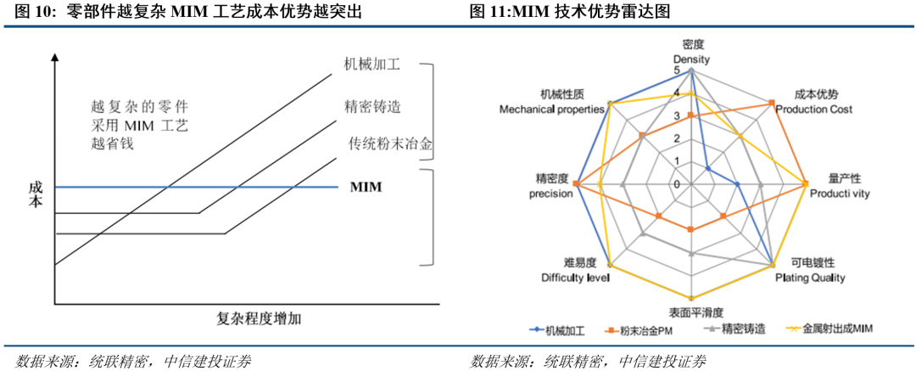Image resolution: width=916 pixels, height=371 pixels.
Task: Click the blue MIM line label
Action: tap(366, 187)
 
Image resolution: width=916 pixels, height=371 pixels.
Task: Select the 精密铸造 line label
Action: tap(372, 107)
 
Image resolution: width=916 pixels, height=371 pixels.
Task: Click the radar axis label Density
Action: tap(691, 60)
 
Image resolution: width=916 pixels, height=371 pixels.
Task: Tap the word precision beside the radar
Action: tap(550, 193)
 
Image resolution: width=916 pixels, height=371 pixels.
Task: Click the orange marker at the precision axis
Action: tap(577, 184)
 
